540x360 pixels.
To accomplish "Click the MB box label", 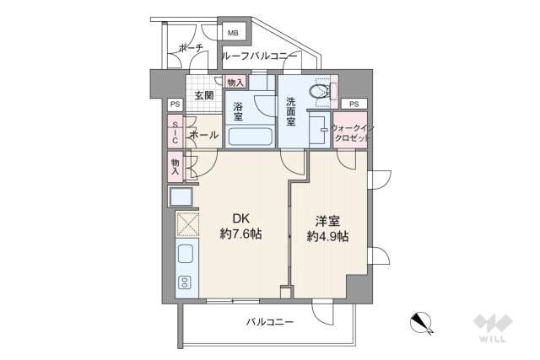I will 234,33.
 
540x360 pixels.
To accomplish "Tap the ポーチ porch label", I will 191,49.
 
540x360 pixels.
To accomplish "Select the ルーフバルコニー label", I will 258,56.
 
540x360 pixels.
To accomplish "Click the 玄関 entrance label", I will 203,95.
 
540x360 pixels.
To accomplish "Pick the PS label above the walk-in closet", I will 354,104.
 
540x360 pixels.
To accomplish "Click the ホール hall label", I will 203,135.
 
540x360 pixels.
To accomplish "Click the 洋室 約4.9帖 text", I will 327,228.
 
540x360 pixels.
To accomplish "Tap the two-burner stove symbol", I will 185,282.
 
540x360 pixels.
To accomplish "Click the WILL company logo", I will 492,328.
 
